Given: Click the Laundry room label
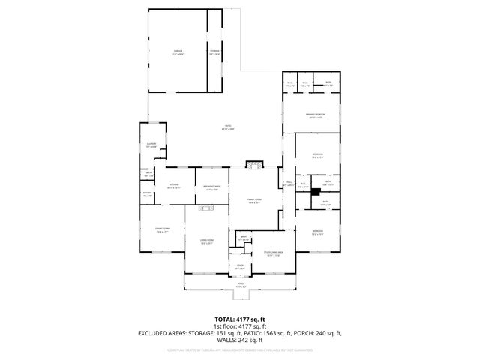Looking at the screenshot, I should [x=151, y=146].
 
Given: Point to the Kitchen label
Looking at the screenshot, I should [x=173, y=186].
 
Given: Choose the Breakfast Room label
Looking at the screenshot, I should [x=211, y=188].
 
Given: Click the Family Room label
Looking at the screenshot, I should [x=254, y=199].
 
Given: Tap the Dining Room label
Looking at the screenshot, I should [x=162, y=230].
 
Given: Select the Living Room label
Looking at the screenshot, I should [x=206, y=241].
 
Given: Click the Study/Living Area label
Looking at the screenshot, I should [x=271, y=254].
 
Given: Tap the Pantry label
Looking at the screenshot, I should [x=147, y=196].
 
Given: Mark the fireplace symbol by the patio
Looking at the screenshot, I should [x=256, y=164].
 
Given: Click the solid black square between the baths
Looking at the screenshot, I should [x=316, y=191].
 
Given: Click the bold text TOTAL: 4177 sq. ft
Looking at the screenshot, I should [x=239, y=319].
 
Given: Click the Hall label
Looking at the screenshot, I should [x=289, y=183].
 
